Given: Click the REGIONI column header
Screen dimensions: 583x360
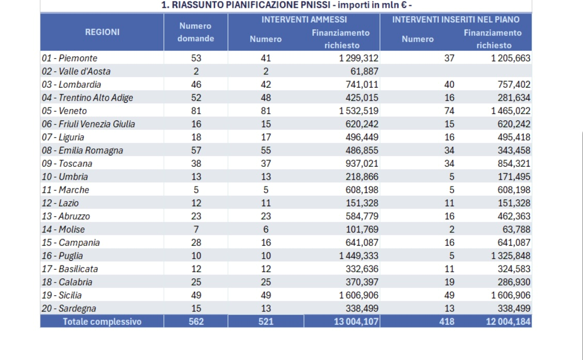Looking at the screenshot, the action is point(102,33).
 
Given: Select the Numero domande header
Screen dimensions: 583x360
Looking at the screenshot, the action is point(195,33).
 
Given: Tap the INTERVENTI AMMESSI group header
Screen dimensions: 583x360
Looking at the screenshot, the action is point(304,20).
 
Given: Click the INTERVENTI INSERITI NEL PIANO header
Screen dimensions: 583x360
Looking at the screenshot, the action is point(456,20).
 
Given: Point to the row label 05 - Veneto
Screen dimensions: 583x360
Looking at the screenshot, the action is point(64,111).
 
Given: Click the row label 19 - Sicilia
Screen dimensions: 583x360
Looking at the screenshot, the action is point(62,295).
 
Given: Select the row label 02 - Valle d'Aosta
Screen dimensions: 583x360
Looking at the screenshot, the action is point(76,71).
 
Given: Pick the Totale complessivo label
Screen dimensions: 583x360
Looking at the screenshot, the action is point(102,322).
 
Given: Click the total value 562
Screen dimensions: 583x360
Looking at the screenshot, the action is point(196,322).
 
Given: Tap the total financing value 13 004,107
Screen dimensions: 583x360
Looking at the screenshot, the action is point(356,322).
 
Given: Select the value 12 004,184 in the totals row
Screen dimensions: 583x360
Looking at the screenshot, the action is point(508,322).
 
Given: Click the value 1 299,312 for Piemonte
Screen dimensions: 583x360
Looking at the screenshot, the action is point(359,58).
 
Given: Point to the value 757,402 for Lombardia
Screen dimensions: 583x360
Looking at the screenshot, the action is point(514,85).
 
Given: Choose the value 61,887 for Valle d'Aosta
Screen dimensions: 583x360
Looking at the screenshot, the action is point(364,71).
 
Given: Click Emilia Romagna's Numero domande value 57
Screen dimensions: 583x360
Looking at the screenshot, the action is point(196,150).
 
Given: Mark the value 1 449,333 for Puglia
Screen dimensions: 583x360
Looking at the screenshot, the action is point(359,256).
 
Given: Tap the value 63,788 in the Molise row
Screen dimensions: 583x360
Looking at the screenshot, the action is point(516,230).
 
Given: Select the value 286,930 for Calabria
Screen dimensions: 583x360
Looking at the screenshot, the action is point(514,283).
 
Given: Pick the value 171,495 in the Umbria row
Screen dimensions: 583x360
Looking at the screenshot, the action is point(514,177).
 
